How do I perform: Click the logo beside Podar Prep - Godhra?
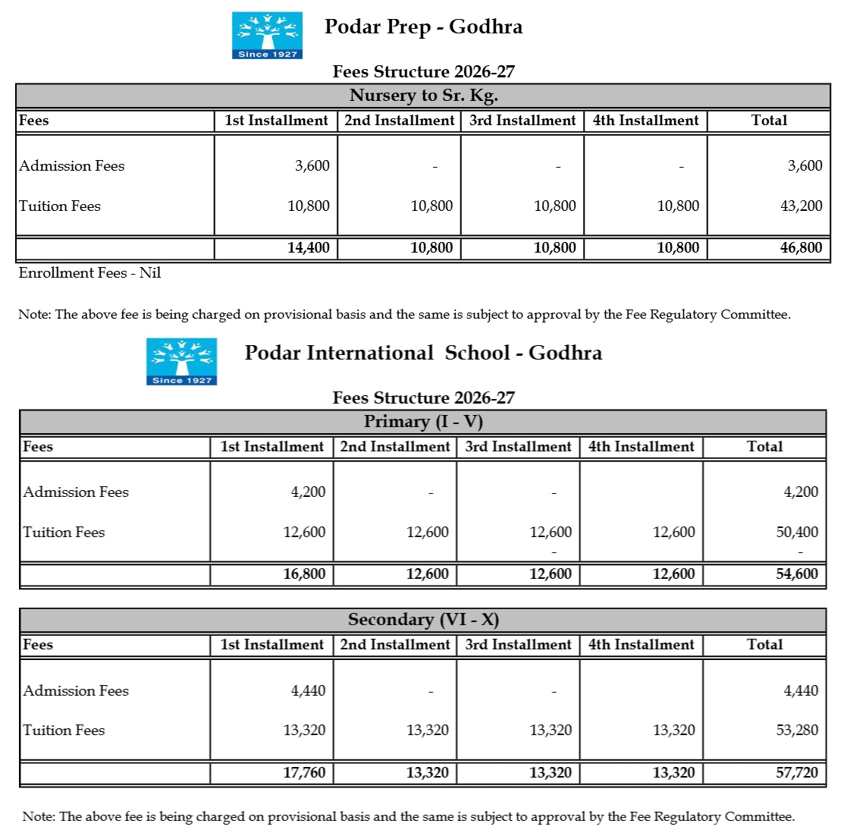click(x=267, y=35)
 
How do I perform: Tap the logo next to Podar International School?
click(x=181, y=361)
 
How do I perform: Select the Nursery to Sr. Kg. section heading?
click(x=423, y=96)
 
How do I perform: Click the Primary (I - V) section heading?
click(x=423, y=422)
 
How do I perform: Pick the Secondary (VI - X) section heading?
click(x=423, y=620)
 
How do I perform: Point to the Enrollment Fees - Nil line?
click(x=89, y=273)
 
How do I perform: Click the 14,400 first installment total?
click(x=308, y=248)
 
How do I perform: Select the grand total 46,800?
click(x=801, y=248)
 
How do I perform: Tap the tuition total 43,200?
click(x=801, y=206)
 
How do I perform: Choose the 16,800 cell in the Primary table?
click(x=304, y=574)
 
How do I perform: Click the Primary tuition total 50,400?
click(x=797, y=533)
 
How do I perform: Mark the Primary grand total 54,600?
click(x=797, y=574)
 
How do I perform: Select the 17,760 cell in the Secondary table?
click(x=304, y=773)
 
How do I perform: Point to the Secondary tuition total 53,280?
click(x=797, y=731)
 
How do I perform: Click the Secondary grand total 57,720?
click(x=797, y=773)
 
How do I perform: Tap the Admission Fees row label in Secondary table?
click(x=76, y=691)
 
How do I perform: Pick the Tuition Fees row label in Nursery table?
click(x=60, y=206)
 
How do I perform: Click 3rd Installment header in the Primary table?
click(x=518, y=447)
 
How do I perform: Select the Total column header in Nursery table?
click(x=769, y=121)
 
